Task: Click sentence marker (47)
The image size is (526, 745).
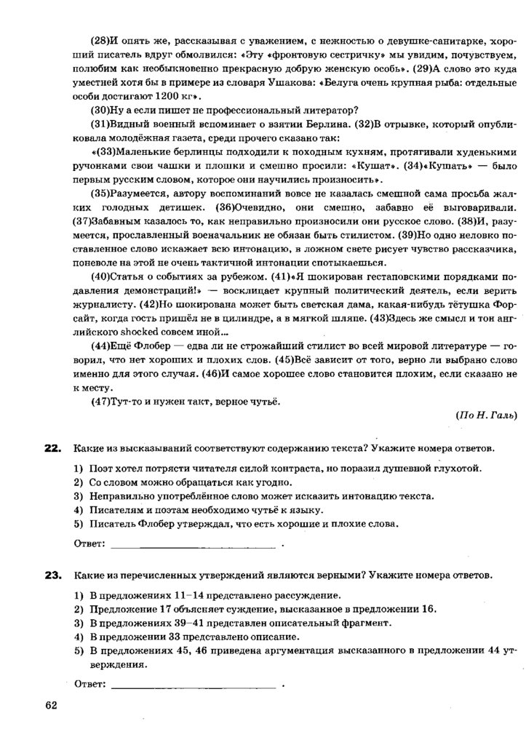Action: [101, 401]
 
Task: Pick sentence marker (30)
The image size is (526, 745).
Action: [101, 110]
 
